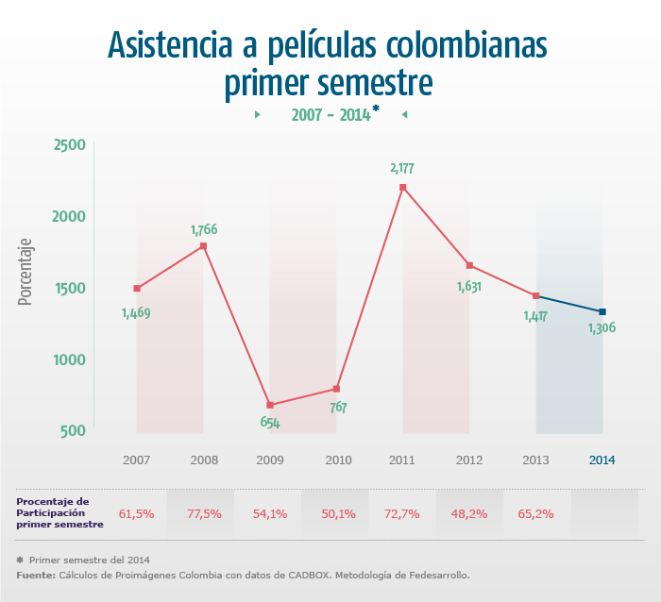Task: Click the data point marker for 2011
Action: (402, 187)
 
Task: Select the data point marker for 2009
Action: (270, 405)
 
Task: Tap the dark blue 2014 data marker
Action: (602, 311)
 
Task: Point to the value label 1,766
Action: (204, 229)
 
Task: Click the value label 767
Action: (338, 408)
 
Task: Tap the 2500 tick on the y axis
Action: (69, 144)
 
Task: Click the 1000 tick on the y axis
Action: (69, 360)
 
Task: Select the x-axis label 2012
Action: (469, 460)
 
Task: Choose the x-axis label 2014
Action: (602, 460)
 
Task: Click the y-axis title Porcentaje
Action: (26, 271)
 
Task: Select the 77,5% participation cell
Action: (204, 514)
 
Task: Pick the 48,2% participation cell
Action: (469, 514)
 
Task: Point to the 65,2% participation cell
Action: (535, 514)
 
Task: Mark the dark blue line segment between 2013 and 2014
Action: (569, 304)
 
